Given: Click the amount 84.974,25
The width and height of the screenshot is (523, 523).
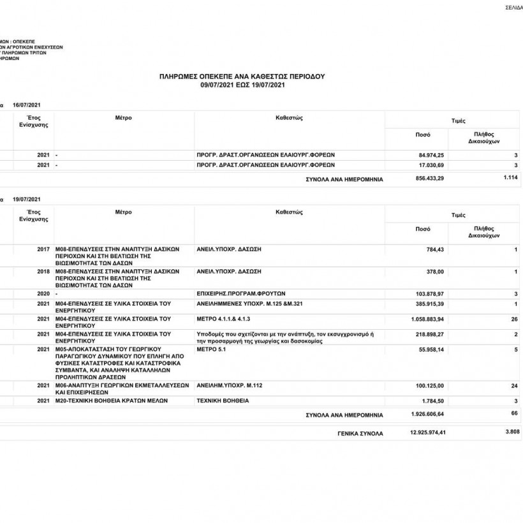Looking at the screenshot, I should coord(431,155).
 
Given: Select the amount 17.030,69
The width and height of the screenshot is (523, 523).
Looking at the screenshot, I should coord(431,165).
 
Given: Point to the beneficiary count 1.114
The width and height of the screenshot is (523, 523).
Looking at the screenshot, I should coord(510,179).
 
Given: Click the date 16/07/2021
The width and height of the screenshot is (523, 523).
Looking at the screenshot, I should coord(26,104).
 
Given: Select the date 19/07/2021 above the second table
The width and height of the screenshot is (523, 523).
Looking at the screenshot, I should coord(26,200).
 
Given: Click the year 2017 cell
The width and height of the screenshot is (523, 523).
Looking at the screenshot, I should coord(43,249).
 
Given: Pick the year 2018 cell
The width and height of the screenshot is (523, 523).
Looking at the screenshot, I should coord(43,272).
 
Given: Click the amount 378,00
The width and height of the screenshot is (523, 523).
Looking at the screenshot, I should coord(435,272).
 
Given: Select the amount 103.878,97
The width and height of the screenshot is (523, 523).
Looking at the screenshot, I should coord(429,293).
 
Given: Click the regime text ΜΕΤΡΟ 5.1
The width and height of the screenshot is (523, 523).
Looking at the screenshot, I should coord(212,350).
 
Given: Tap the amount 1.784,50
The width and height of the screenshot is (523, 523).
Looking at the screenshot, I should coord(432,401).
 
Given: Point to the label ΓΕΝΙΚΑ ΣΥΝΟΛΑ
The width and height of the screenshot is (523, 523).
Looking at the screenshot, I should coord(360,433).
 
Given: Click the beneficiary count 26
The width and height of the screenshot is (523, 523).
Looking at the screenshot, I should coord(514,318).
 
